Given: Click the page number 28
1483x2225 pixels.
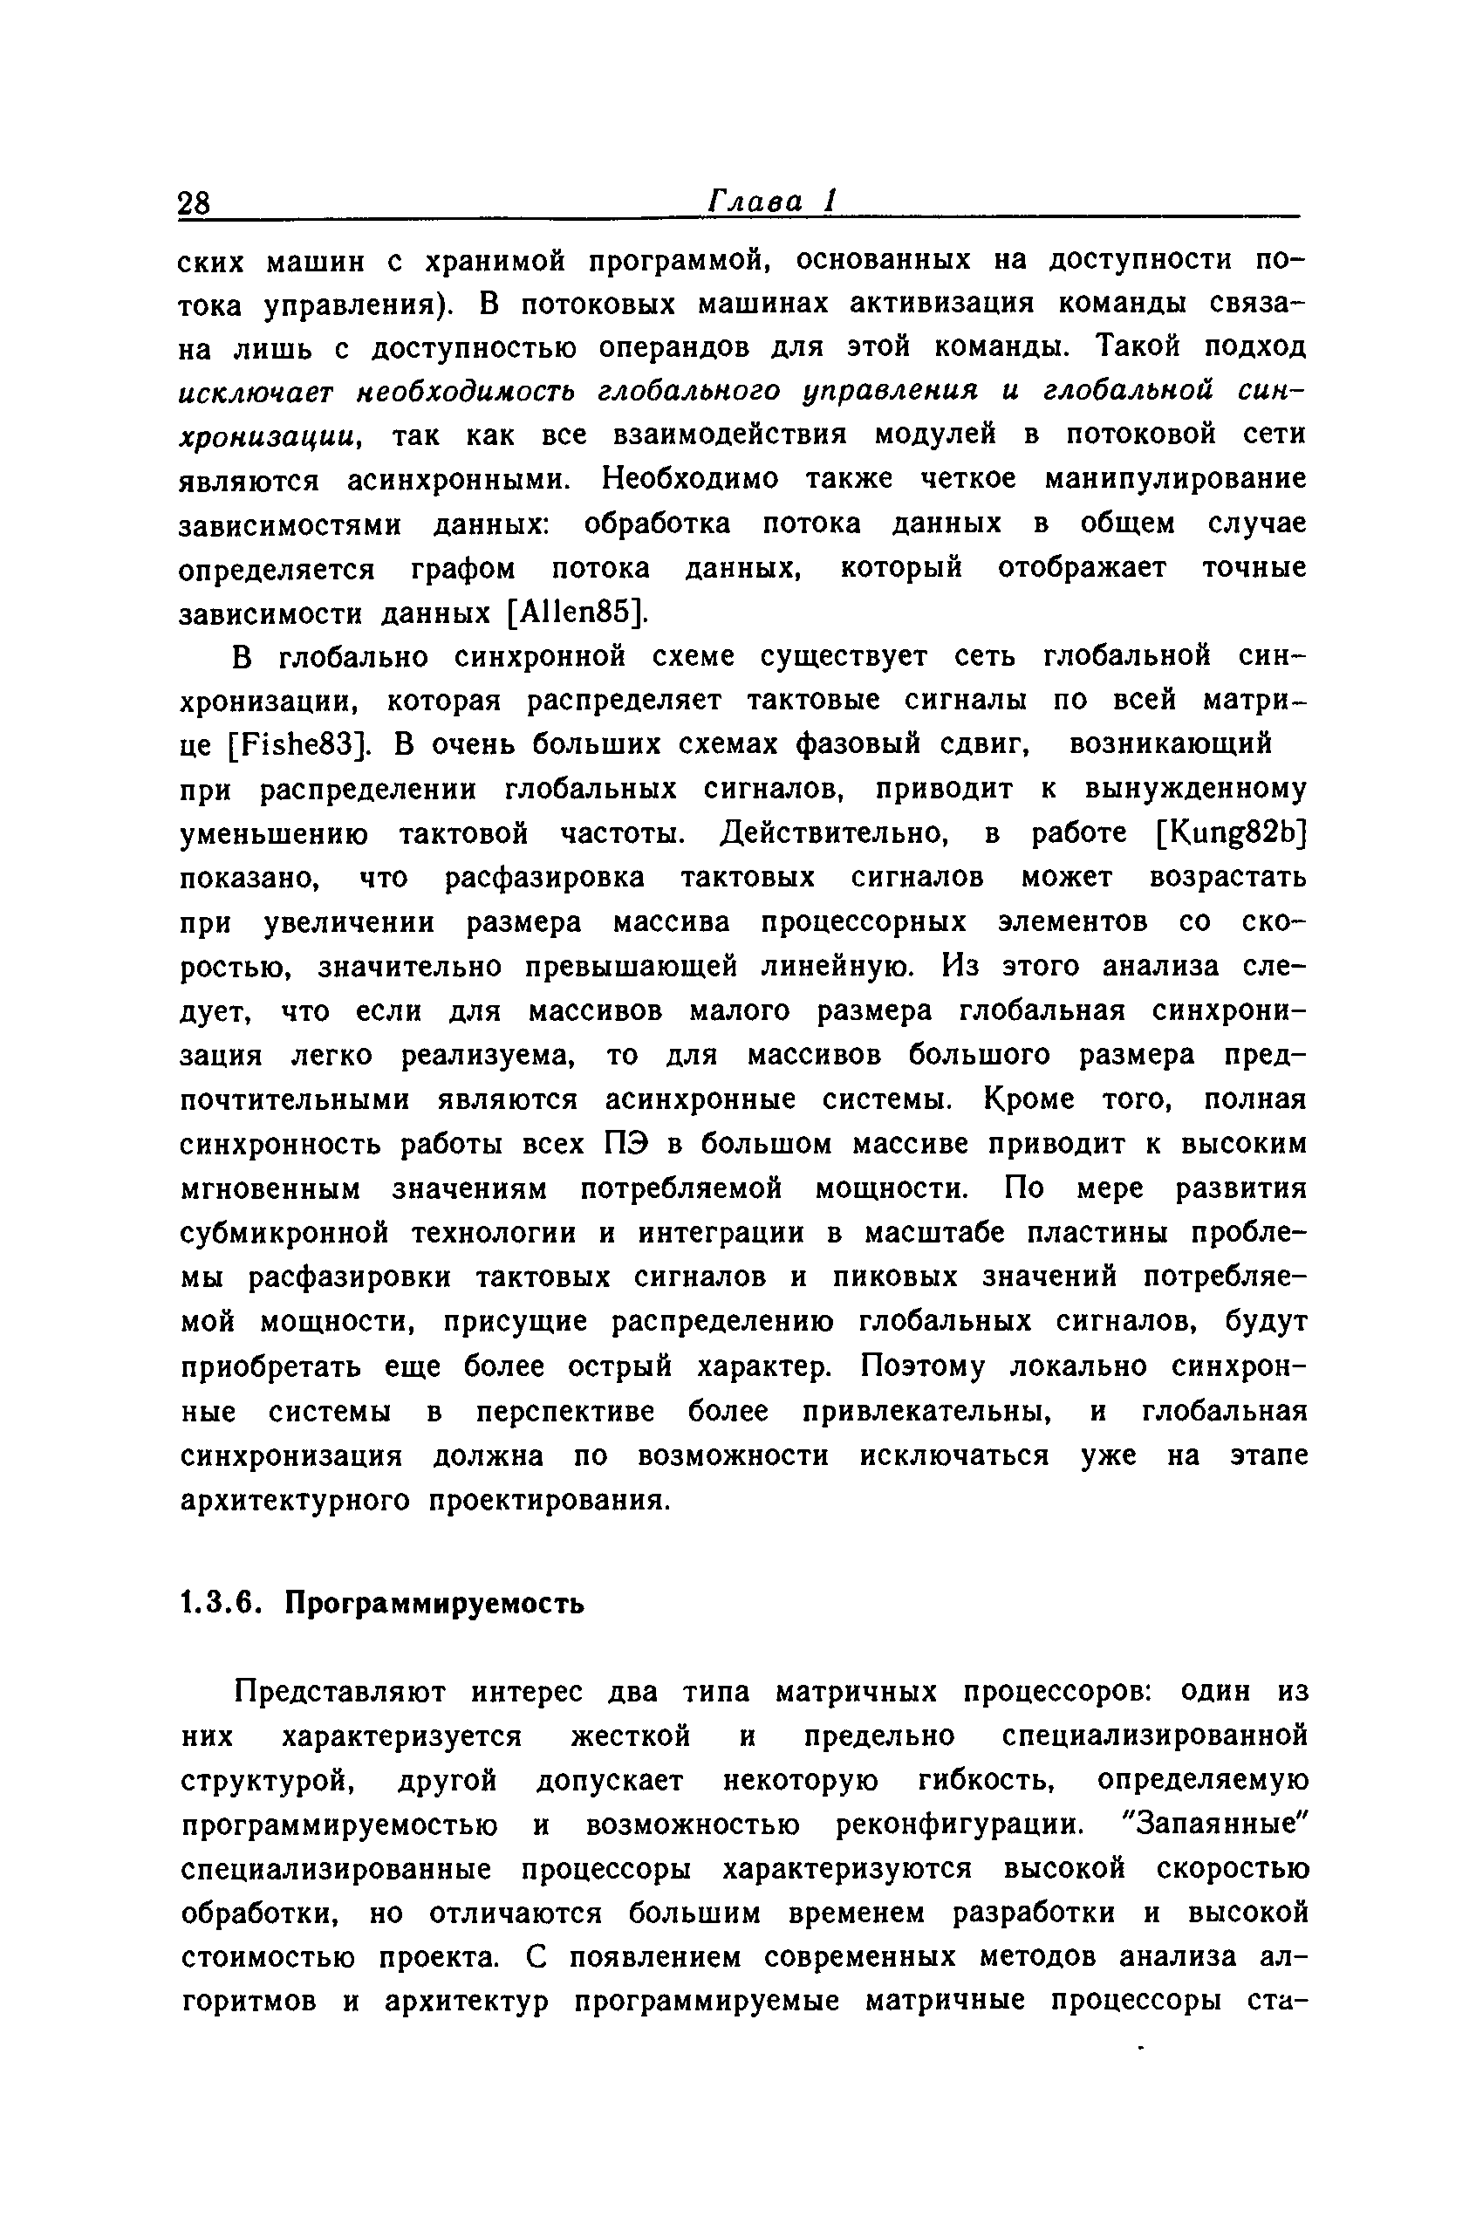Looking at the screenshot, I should (x=194, y=203).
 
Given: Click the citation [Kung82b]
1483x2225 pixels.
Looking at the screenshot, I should (x=1232, y=833).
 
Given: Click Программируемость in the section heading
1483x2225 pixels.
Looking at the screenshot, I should (x=435, y=1604).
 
